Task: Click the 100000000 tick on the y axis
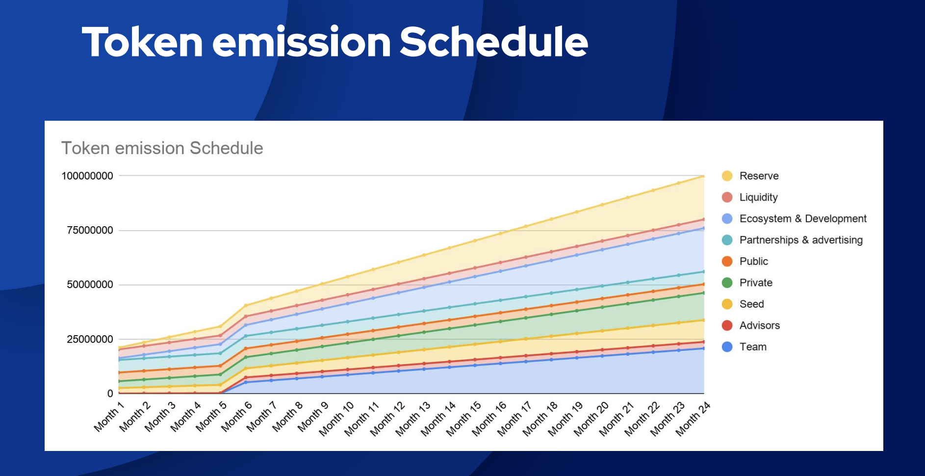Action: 87,176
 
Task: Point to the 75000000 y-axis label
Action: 90,231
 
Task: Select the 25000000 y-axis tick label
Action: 90,340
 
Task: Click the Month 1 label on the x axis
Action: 109,417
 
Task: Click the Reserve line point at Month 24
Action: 704,176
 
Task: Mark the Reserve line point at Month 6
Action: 246,305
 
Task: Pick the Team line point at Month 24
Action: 704,348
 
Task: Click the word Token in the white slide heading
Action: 142,42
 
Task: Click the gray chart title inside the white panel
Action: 162,148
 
